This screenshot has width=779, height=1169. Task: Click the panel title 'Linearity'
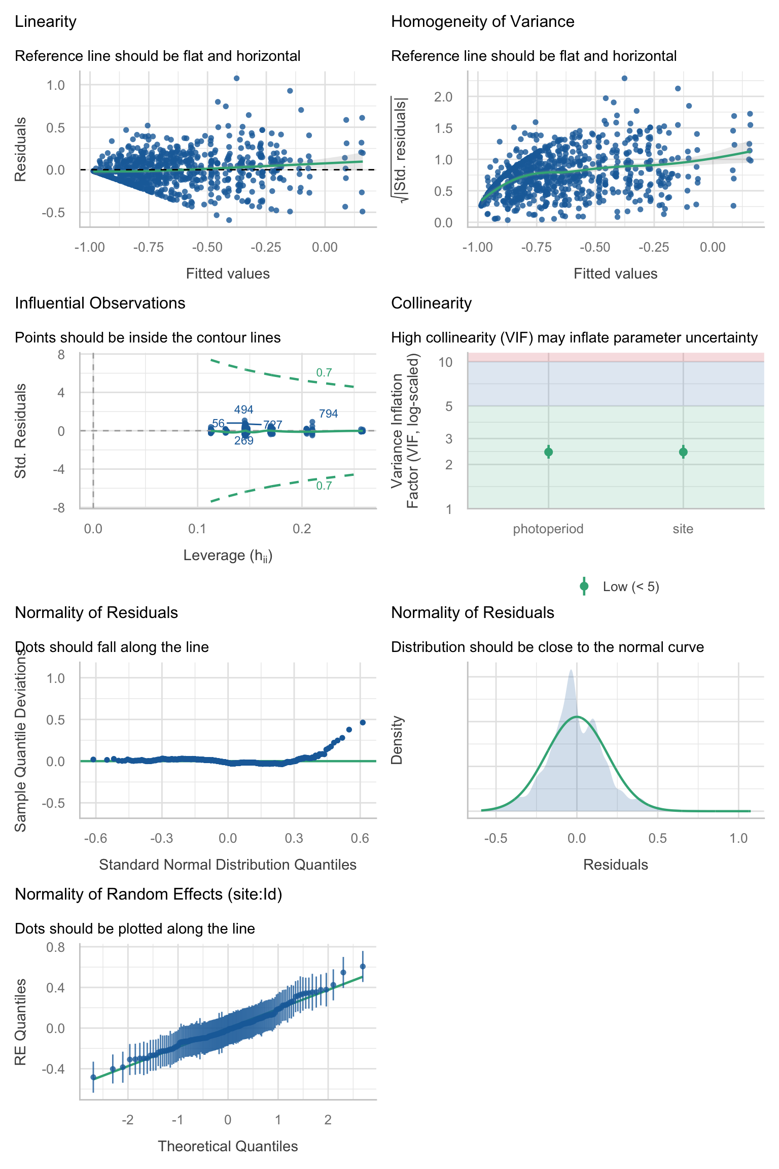[x=46, y=22]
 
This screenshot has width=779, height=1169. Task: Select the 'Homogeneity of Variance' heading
[x=482, y=22]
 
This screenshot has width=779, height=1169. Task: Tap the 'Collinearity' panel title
[x=431, y=303]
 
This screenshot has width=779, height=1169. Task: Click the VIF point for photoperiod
[x=548, y=452]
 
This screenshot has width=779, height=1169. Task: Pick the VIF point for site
[x=683, y=452]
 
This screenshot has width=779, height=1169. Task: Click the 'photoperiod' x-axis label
[x=548, y=529]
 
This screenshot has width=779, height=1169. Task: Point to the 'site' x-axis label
[x=683, y=529]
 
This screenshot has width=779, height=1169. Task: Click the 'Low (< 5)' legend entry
[x=630, y=587]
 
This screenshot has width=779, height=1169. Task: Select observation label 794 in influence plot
[x=328, y=414]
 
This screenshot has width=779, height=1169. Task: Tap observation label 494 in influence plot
[x=243, y=410]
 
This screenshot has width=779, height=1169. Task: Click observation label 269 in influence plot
[x=243, y=441]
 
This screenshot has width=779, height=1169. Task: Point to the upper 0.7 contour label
[x=324, y=373]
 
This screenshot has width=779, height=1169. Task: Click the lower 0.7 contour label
[x=324, y=486]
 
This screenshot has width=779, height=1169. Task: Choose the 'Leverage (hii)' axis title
[x=228, y=556]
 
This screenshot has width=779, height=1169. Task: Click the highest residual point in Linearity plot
[x=236, y=78]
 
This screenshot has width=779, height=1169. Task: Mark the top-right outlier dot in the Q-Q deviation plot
[x=363, y=723]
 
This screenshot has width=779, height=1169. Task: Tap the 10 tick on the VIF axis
[x=445, y=362]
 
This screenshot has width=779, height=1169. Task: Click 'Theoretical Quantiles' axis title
[x=228, y=1146]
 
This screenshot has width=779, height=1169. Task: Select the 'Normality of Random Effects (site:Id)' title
[x=148, y=895]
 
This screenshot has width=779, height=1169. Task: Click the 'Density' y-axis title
[x=397, y=740]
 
